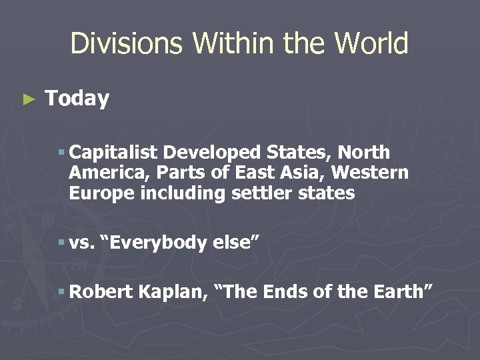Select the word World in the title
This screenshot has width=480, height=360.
point(371,44)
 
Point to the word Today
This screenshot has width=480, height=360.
point(77,99)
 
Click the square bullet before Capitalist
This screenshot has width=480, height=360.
point(61,153)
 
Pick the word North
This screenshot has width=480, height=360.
point(365,153)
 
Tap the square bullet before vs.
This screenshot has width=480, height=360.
point(61,243)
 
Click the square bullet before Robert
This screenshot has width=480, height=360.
point(61,291)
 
